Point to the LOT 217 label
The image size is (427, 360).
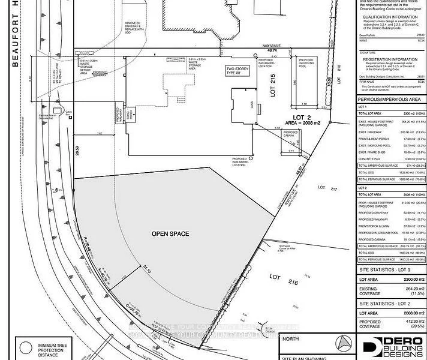[334, 190]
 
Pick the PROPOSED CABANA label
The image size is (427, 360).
[290, 134]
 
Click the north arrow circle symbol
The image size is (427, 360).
[343, 343]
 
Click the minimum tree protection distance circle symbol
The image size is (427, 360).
[26, 347]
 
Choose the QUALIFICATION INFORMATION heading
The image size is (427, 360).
[390, 18]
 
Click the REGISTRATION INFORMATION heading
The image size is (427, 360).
[391, 59]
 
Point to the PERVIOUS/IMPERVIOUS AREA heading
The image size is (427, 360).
[389, 100]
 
